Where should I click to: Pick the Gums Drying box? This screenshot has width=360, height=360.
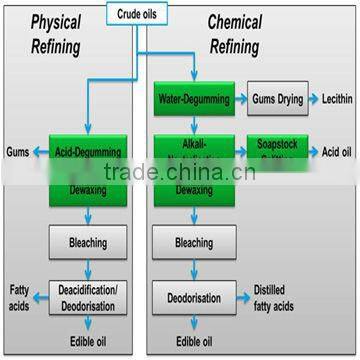coord(277,100)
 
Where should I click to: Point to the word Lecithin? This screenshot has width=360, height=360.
coord(335,100)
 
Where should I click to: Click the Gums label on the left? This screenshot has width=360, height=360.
coord(16,151)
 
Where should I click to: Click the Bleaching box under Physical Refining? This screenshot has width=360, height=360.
coord(88,241)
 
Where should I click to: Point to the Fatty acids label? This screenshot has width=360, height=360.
coord(18,297)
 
